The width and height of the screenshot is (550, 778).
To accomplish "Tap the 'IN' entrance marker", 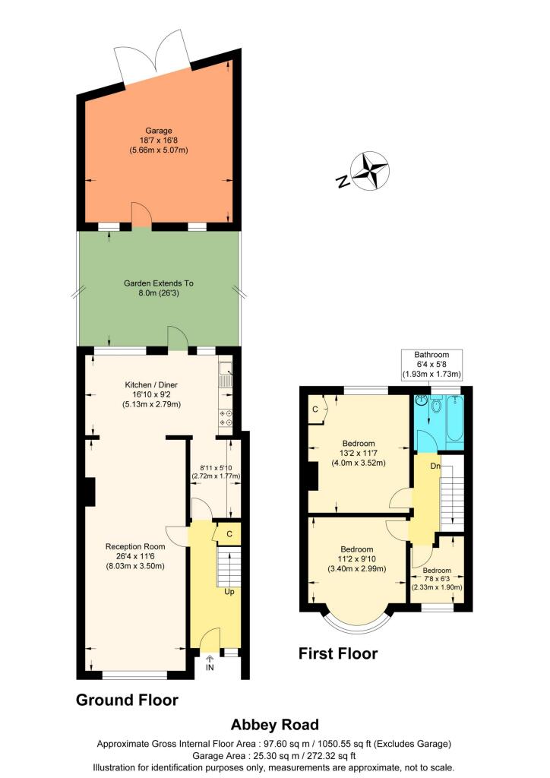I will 210,667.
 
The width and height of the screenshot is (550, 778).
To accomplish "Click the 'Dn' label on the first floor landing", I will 436,465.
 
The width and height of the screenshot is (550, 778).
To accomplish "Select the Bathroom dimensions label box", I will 431,365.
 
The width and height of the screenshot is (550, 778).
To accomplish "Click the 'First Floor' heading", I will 337,653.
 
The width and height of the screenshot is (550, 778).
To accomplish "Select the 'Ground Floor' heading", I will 127,700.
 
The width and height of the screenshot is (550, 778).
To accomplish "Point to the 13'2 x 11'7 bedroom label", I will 358,453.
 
